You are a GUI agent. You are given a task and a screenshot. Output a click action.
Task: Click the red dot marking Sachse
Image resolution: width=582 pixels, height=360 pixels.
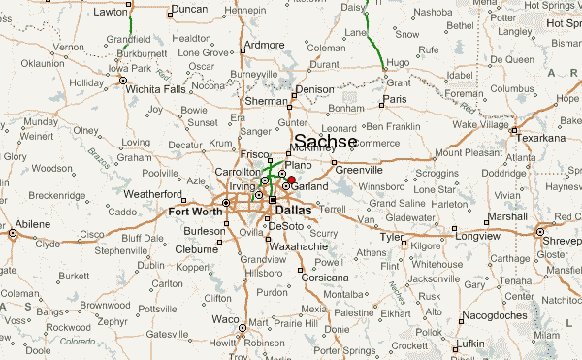coord(291,180)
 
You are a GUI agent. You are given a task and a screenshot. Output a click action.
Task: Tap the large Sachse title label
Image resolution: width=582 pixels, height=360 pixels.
coord(325,142)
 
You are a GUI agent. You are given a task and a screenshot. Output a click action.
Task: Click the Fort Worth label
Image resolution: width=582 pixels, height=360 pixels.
coord(195,211)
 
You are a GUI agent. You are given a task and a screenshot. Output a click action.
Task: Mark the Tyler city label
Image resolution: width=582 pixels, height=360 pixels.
coord(392,237)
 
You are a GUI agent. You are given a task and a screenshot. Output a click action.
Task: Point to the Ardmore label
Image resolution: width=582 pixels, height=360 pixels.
coord(265,45)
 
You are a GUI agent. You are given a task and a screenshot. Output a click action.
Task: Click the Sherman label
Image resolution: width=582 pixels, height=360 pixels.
coord(267,101)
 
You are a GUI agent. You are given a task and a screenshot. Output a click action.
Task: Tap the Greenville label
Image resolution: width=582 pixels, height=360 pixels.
coord(360,171)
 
